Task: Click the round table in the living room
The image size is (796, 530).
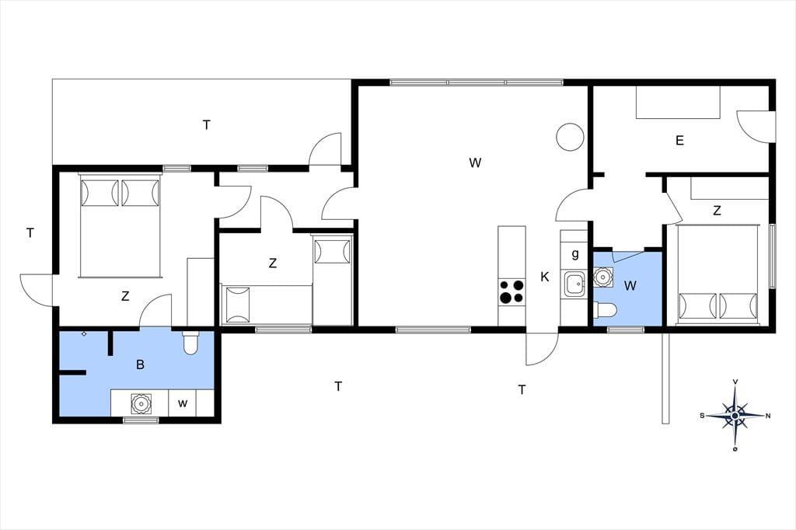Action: click(570, 137)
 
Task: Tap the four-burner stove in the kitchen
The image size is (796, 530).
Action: click(511, 291)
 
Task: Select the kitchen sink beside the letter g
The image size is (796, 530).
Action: click(574, 284)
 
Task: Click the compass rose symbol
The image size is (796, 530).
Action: click(735, 416)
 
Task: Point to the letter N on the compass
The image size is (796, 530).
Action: click(768, 416)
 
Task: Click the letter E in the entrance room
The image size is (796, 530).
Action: click(679, 141)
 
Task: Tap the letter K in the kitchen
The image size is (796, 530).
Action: click(545, 277)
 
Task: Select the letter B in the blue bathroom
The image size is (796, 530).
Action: click(140, 364)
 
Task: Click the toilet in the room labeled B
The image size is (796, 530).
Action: click(191, 343)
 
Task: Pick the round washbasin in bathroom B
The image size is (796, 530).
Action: click(140, 403)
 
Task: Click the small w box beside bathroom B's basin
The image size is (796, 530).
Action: click(183, 403)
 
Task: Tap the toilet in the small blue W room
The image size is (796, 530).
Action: click(605, 309)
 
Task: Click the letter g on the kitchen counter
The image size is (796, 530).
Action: click(574, 253)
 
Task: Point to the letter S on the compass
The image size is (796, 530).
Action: click(703, 416)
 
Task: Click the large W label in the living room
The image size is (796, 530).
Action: click(475, 163)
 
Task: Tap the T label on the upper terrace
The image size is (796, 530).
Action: click(207, 125)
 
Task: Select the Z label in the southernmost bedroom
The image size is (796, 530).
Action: click(125, 296)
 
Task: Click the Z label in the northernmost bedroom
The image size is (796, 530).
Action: click(717, 211)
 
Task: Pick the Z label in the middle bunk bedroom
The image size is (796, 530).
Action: click(273, 263)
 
